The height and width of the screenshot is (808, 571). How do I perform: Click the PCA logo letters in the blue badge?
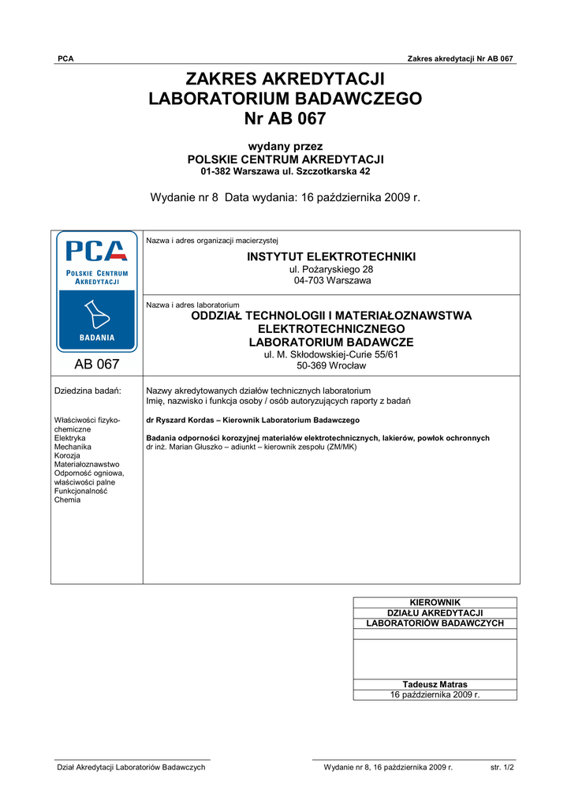[96, 251]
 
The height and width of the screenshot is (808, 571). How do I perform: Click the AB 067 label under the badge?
[96, 365]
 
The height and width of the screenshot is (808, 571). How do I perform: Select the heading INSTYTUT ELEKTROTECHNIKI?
[331, 258]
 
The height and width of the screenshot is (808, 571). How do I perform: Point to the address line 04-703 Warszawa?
[331, 280]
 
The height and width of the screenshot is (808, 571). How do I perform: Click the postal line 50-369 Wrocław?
[331, 365]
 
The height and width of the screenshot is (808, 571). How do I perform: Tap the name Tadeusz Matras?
[435, 684]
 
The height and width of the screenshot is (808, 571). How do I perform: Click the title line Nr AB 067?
[285, 119]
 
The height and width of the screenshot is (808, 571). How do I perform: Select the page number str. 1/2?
[502, 767]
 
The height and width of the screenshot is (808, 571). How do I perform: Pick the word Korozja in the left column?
[68, 455]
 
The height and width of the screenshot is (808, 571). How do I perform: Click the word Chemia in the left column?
[67, 499]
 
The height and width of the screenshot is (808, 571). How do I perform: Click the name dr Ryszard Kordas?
[181, 421]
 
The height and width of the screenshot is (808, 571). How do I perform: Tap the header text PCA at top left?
[65, 59]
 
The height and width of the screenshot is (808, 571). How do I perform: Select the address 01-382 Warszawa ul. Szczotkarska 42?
[285, 171]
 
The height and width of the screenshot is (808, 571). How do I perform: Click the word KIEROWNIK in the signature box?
[435, 603]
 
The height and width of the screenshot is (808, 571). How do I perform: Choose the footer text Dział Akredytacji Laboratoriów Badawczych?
[130, 767]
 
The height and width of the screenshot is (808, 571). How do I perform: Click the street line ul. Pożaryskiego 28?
[331, 270]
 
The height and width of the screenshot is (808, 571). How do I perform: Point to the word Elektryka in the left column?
[70, 437]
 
